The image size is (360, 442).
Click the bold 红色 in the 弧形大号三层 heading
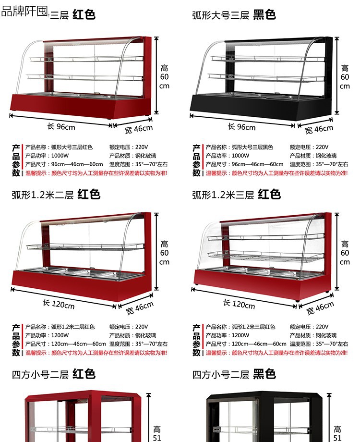pos(84,14)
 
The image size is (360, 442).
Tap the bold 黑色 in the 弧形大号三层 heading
pos(264,14)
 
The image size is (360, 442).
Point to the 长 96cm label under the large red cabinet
pos(61,127)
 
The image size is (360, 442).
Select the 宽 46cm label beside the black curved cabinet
pos(319,129)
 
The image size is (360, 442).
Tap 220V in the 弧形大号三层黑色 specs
pos(322,147)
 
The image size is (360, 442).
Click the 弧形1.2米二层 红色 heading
pos(56,194)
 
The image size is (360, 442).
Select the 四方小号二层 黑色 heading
pos(234,374)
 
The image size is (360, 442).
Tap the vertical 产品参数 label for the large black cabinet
pos(196,160)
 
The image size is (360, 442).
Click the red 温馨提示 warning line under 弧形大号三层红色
pos(96,173)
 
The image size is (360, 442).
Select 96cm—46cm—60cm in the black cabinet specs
pos(257,164)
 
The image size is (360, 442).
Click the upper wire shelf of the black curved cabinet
pos(264,59)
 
